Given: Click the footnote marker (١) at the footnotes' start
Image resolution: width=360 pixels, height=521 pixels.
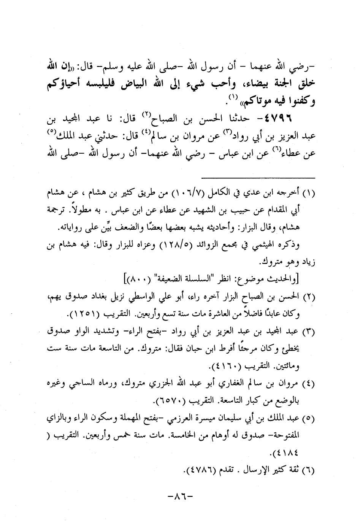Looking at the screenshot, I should (x=311, y=194).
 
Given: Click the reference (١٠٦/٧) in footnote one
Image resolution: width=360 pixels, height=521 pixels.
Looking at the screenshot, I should (x=184, y=194).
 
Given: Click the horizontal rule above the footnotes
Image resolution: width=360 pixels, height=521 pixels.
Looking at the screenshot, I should (x=258, y=178).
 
